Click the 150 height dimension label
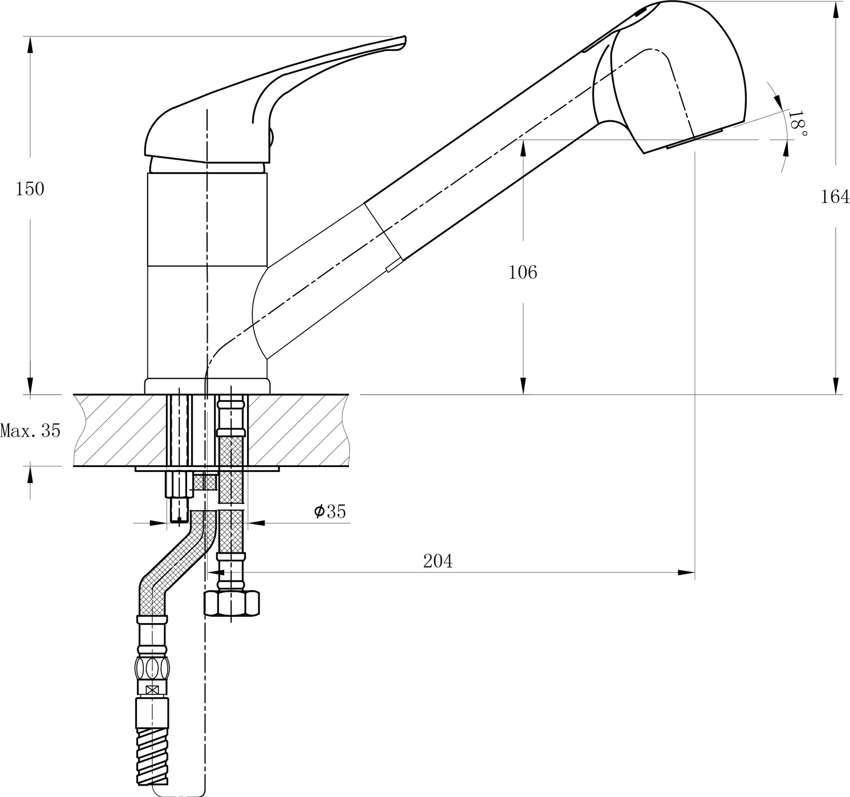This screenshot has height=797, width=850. tap(30, 189)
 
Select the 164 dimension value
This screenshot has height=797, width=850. tap(835, 197)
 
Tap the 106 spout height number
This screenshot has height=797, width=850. tap(523, 272)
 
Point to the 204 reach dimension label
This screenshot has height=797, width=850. tap(438, 561)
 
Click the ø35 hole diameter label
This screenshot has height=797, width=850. tap(330, 511)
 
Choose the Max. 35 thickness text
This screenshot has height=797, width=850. tap(30, 430)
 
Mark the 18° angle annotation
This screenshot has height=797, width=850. tap(797, 124)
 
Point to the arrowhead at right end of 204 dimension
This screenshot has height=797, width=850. tap(686, 572)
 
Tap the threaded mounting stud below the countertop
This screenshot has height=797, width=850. tap(179, 496)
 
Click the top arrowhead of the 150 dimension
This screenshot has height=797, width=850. tap(30, 45)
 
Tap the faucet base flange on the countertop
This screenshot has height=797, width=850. tap(207, 386)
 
